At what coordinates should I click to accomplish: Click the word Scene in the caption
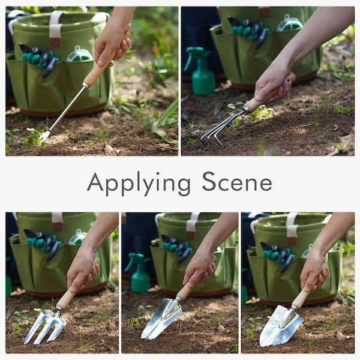[237, 182]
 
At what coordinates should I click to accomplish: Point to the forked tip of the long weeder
[44, 137]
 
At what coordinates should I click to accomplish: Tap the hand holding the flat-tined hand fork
[82, 270]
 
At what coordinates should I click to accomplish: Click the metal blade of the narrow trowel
[162, 318]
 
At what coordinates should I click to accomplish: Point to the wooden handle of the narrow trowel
[184, 292]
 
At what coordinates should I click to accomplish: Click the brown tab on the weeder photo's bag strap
[55, 42]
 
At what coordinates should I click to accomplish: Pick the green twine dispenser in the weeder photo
[78, 55]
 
